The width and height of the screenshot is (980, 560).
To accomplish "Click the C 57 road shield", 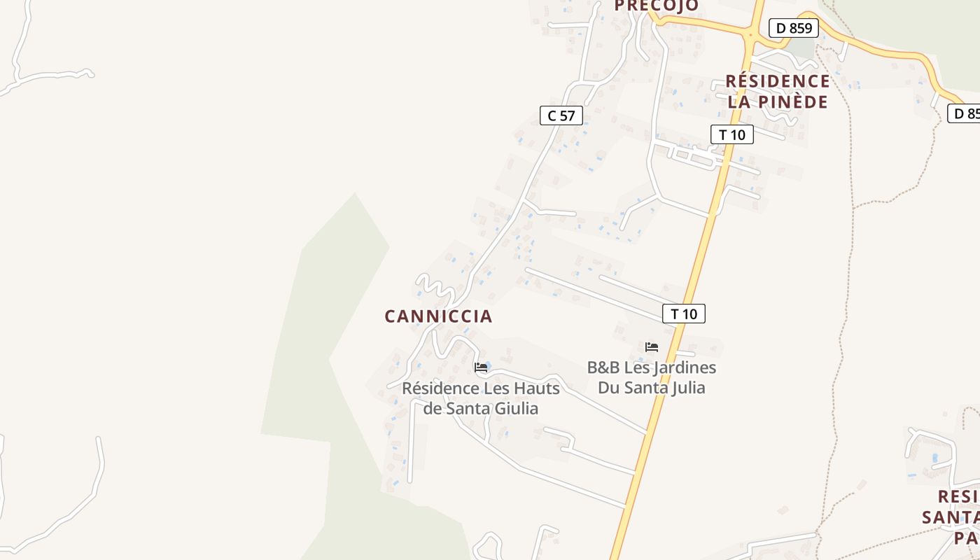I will (x=561, y=116).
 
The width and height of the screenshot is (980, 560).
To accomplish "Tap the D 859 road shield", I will (x=794, y=29).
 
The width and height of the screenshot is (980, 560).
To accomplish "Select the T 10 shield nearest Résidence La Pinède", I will (x=732, y=134).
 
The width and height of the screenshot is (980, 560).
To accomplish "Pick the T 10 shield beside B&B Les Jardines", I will (x=684, y=314).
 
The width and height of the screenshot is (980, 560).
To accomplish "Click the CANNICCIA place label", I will (x=438, y=316).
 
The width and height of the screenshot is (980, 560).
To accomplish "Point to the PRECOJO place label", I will (x=656, y=6).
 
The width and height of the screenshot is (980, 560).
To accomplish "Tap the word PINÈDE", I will (x=793, y=101).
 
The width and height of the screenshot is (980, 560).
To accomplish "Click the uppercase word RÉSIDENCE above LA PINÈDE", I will (x=777, y=81).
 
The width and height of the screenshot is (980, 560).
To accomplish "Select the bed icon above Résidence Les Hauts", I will (x=481, y=367).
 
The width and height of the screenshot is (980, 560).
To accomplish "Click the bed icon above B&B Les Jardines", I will (x=652, y=347).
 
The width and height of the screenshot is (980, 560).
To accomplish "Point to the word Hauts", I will (x=537, y=388).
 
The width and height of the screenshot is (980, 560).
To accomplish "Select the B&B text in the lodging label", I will (x=603, y=368).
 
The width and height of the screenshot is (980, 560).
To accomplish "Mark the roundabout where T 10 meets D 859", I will (x=750, y=33).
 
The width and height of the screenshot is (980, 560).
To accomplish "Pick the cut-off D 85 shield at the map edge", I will (x=965, y=113).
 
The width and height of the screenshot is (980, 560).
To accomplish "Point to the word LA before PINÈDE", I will (x=740, y=101).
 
